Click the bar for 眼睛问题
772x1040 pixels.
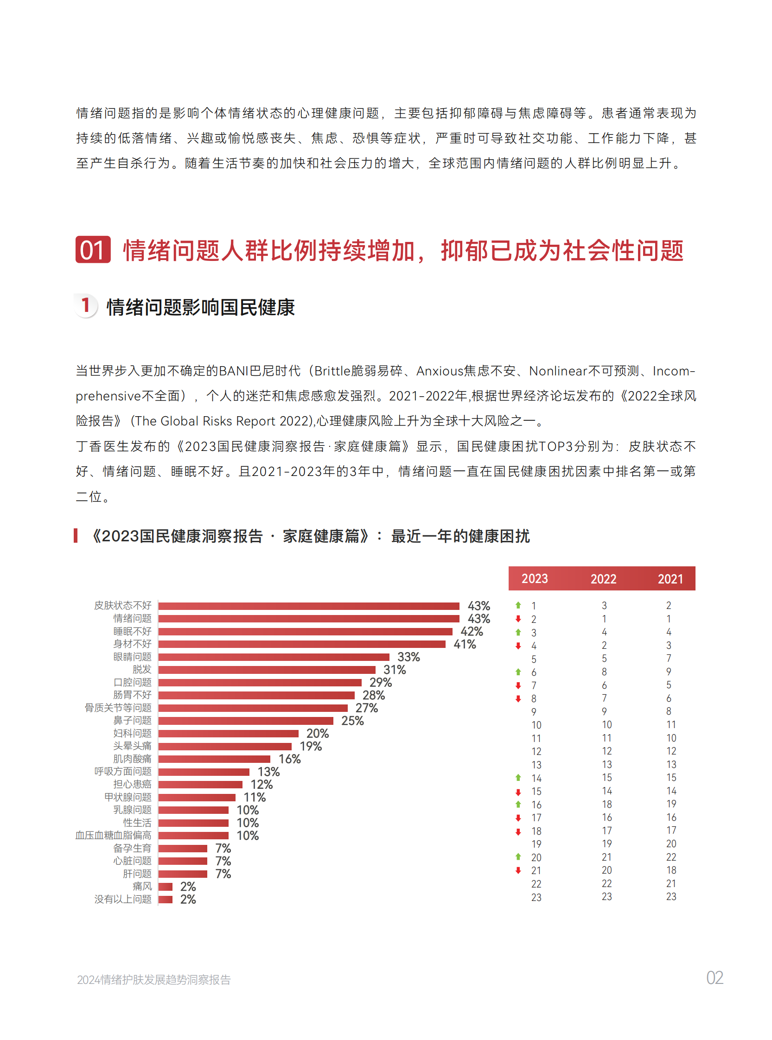tap(274, 657)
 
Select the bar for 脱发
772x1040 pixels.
tap(266, 670)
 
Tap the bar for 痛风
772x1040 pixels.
tap(166, 886)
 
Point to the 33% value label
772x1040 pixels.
tap(408, 657)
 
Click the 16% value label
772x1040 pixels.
tap(290, 759)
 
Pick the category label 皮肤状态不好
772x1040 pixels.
tap(123, 606)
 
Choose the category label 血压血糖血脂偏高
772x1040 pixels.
tap(114, 835)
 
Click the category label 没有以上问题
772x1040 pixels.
tap(123, 899)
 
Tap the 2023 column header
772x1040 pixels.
tap(534, 578)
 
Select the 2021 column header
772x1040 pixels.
tap(670, 579)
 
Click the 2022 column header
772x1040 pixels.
tap(603, 579)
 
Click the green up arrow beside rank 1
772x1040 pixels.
tap(518, 605)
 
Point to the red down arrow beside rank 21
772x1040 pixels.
tap(518, 870)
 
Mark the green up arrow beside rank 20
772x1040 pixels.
tap(518, 857)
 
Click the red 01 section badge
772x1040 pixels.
tap(93, 249)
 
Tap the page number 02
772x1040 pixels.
tap(715, 978)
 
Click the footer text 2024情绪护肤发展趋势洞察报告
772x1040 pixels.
tap(154, 980)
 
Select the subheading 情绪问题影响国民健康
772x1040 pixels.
tap(200, 307)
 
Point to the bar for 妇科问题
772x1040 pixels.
tap(228, 734)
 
